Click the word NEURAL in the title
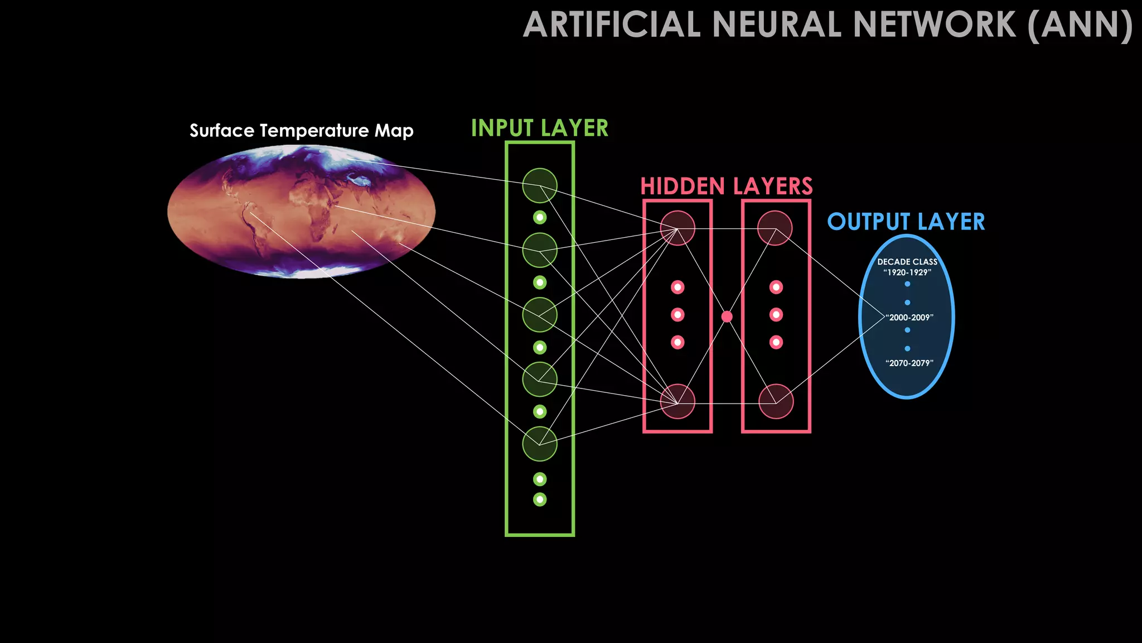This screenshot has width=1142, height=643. tap(777, 25)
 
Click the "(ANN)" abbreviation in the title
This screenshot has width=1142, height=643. tap(1080, 25)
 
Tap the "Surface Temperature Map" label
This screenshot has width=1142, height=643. tap(301, 131)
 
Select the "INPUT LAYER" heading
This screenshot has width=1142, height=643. tap(539, 128)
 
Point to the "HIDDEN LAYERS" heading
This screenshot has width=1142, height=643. tap(726, 186)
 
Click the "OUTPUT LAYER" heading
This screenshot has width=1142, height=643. tap(906, 222)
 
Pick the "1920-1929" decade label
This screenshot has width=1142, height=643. tap(907, 272)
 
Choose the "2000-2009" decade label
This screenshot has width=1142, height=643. tap(909, 317)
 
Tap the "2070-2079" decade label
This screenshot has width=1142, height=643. tap(909, 363)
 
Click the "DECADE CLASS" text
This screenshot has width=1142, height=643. tap(907, 262)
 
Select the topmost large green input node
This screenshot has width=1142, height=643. tap(539, 185)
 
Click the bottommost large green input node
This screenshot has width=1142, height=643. tap(539, 444)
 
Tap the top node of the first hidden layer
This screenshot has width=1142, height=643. tap(678, 228)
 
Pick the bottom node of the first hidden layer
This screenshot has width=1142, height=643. tap(678, 401)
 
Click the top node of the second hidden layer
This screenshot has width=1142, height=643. tap(775, 228)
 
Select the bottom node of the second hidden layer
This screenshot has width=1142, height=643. tap(776, 401)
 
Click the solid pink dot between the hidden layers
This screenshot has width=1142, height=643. tap(727, 316)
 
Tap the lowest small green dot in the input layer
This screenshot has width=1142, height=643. tap(539, 499)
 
